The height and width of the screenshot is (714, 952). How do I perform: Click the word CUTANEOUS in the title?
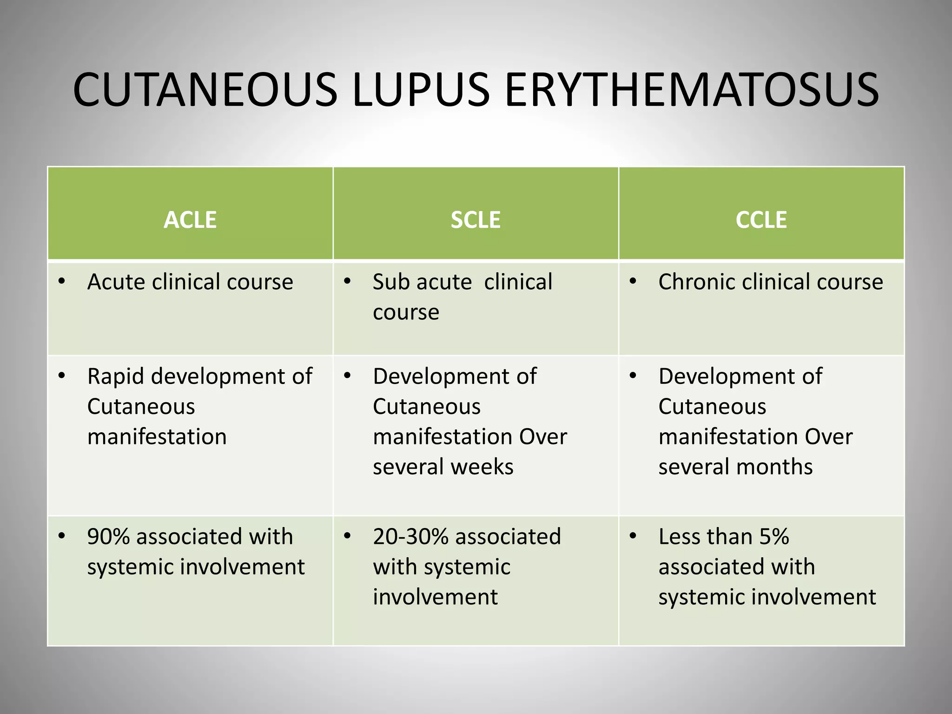[x=205, y=90]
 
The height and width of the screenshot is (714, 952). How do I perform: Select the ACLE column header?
[x=190, y=220]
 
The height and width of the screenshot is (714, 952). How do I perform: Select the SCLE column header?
[x=476, y=220]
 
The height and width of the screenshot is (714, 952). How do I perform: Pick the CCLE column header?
[x=761, y=220]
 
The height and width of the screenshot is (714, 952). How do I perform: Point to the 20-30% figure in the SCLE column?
[x=411, y=537]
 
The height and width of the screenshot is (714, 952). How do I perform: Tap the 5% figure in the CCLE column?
[x=774, y=537]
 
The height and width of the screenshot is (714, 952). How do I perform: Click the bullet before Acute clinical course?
[x=62, y=282]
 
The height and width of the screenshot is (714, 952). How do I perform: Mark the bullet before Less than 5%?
[x=633, y=536]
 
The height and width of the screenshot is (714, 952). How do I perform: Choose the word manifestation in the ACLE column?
[x=157, y=437]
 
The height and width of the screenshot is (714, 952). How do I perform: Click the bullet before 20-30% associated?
[x=347, y=536]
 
